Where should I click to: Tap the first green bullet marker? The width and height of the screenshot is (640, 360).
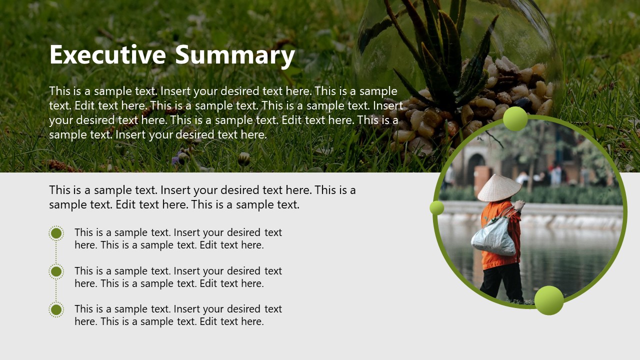tap(56, 233)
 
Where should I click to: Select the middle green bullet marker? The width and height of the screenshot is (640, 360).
tap(56, 271)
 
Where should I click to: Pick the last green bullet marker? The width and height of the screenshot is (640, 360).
tap(56, 309)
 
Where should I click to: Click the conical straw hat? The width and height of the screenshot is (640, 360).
tap(498, 188)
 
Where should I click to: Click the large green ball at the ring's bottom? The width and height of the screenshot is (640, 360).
tap(549, 300)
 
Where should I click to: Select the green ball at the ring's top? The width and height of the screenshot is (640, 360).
tap(515, 118)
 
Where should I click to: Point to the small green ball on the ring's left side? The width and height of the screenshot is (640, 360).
tap(437, 207)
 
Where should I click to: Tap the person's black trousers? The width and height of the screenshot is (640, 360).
tap(500, 282)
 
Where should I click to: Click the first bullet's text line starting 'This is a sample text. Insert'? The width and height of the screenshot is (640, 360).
tap(178, 232)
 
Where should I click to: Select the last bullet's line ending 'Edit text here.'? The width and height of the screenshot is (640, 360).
tap(169, 321)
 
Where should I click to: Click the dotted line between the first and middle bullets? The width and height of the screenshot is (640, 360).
tap(56, 252)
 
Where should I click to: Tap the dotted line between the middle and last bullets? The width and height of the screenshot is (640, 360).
tap(56, 290)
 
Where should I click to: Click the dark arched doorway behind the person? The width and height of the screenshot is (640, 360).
tap(475, 167)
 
